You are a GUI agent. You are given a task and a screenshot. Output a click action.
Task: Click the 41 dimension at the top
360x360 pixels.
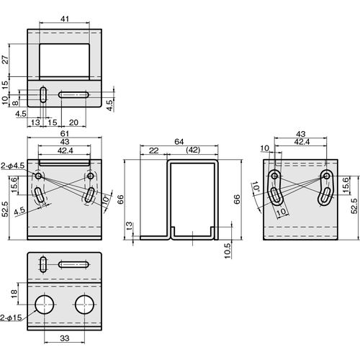pos(65,19)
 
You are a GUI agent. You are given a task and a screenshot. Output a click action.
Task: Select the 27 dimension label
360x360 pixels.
pos(5,60)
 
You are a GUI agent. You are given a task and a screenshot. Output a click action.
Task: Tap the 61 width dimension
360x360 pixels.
pos(65,133)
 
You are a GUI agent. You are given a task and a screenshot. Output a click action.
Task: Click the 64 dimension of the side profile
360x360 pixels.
pos(179,142)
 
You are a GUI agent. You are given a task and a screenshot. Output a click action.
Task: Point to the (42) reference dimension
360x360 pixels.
pos(193,150)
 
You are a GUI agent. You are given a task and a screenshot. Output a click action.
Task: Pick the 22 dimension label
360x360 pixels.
pos(153,150)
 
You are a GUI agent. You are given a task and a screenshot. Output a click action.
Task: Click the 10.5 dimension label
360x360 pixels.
pos(228,251)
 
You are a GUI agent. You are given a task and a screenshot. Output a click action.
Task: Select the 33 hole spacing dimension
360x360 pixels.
pos(65,338)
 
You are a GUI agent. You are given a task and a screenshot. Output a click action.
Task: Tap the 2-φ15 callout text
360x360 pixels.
pos(11,318)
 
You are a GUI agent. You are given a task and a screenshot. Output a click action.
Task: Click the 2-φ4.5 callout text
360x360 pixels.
pos(12,166)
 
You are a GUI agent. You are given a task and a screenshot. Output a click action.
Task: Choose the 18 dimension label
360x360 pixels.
pos(14,294)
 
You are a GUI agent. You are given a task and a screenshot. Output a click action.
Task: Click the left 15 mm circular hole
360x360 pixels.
pos(45,305)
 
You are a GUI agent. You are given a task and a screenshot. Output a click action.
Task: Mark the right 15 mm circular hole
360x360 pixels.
pos(84,305)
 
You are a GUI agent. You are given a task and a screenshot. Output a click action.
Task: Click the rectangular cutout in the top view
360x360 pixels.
pos(64,60)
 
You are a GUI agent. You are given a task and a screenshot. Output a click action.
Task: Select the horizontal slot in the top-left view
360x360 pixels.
pos(73,94)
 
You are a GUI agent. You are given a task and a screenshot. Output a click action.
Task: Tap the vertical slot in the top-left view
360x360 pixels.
pos(43,94)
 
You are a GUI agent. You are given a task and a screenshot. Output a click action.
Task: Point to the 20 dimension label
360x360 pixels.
pos(73,122)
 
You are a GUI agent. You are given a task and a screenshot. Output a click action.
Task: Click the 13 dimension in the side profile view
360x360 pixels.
pos(129,226)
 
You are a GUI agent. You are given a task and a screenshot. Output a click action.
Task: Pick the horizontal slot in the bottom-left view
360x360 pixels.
pos(73,265)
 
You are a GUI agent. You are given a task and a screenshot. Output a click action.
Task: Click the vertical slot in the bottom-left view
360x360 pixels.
pos(43,264)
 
